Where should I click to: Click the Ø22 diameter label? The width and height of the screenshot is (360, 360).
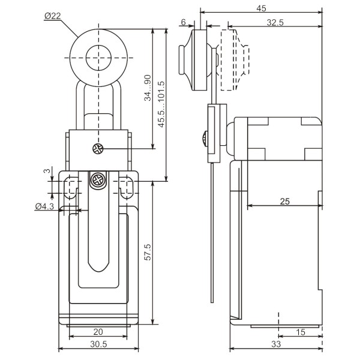coord(53,16)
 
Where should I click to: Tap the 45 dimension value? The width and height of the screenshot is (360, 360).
coord(260,8)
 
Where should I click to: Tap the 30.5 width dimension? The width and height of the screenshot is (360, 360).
coord(98,344)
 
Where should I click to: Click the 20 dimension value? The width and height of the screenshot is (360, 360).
coord(98,332)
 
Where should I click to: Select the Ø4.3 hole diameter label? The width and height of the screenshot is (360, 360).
coord(45,206)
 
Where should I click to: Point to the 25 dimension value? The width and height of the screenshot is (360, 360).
coord(284,201)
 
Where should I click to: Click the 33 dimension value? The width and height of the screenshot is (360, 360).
coord(276,344)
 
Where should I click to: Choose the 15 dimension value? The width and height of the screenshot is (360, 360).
coord(301,332)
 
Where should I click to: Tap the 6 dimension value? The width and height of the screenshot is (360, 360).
coord(182,22)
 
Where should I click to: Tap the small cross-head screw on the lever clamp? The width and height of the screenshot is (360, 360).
coord(96,149)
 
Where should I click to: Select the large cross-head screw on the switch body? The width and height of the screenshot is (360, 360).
coord(97,179)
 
